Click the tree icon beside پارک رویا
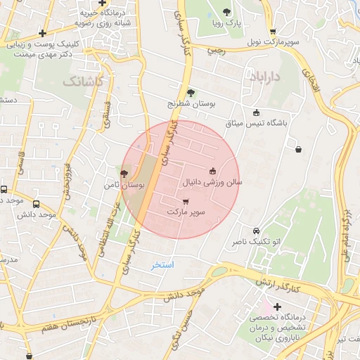click(226, 12)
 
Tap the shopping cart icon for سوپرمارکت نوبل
click(273, 31)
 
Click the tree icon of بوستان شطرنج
click(191, 92)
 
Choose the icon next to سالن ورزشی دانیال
click(213, 170)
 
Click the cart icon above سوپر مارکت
click(186, 201)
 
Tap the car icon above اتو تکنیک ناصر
click(256, 231)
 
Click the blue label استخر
click(162, 265)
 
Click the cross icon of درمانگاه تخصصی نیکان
click(277, 307)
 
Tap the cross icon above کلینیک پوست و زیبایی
click(43, 33)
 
